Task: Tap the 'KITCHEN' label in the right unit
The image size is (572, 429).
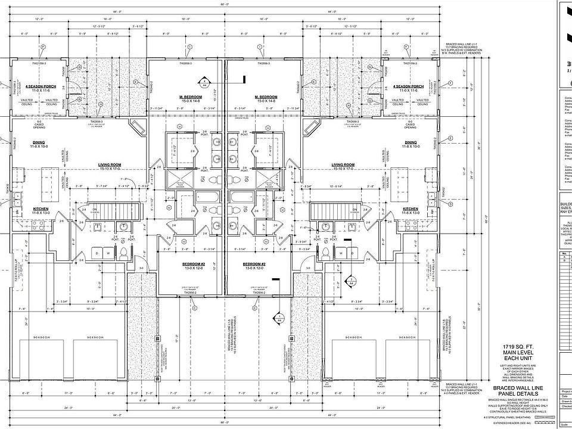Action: (x=411, y=209)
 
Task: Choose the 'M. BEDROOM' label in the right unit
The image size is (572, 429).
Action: (x=266, y=97)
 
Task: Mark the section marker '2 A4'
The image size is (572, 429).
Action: (x=352, y=281)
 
